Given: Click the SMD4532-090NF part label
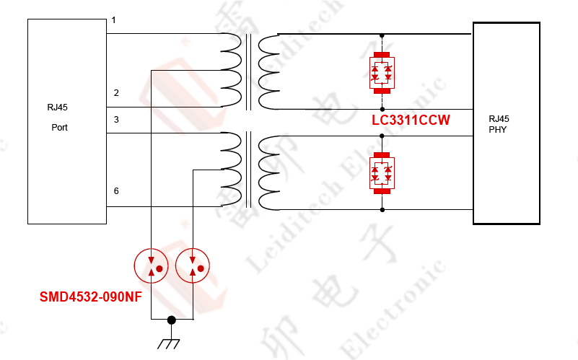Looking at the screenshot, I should click(x=90, y=297).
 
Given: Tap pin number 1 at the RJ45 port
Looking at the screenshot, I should click(x=114, y=21).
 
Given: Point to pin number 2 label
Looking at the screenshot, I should click(x=116, y=93).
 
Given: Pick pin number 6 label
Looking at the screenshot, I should click(x=116, y=191).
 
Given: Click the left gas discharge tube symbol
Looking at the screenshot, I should click(x=151, y=266).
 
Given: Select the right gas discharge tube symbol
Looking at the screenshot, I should click(x=193, y=266).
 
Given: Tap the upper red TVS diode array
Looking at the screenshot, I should click(x=382, y=73).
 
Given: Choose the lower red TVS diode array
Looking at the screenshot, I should click(x=382, y=174).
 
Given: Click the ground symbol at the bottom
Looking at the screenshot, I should click(x=170, y=342).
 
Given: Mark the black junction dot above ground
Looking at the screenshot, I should click(x=171, y=320).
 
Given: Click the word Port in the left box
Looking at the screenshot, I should click(x=60, y=127).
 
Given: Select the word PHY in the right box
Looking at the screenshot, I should click(x=497, y=130).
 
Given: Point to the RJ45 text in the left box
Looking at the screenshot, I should click(x=57, y=107).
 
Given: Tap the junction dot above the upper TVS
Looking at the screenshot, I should click(x=382, y=35).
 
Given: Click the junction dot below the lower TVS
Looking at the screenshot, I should click(x=382, y=210).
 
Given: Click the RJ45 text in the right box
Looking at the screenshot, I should click(x=499, y=119).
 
